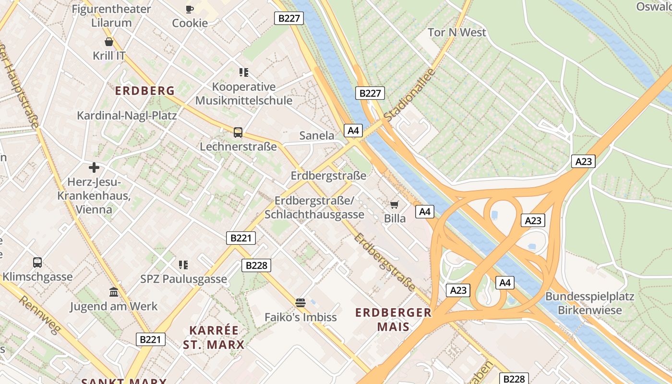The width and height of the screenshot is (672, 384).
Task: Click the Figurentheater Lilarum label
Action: point(111,15)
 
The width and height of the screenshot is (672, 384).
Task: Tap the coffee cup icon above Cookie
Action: point(190,9)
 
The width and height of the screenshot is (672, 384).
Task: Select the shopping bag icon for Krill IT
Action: point(109,42)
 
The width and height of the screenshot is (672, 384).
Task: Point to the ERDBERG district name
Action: point(144,91)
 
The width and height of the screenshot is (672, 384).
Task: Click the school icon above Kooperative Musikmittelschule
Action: point(243,72)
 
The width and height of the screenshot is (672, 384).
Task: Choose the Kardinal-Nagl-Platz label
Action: point(127,116)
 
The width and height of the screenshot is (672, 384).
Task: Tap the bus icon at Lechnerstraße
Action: point(238,132)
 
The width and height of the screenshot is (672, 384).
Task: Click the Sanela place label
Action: point(316,136)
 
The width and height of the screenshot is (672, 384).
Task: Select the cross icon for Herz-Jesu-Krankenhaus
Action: point(94,168)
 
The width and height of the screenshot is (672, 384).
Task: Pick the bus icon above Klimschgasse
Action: point(37,263)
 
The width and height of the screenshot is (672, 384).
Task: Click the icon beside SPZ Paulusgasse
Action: point(183,264)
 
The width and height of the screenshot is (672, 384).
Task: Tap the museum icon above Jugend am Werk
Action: point(114,292)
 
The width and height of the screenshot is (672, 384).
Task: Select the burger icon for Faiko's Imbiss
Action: point(300,302)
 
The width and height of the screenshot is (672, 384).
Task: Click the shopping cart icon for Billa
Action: point(395,205)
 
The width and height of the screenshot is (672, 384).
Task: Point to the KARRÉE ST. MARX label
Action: point(214,337)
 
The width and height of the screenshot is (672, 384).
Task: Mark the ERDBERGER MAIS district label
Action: point(393,320)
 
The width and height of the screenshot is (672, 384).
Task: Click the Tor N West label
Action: point(456,33)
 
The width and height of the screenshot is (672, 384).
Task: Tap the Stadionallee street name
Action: point(409,95)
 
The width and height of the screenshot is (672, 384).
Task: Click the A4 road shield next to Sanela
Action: point(353,130)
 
